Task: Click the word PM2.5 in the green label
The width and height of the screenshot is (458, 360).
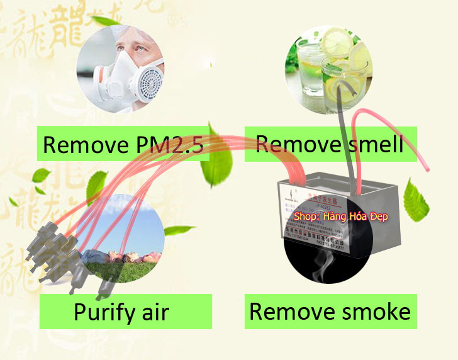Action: pyautogui.click(x=169, y=145)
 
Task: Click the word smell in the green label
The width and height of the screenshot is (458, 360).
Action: pyautogui.click(x=375, y=145)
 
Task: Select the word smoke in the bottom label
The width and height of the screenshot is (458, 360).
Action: pyautogui.click(x=375, y=311)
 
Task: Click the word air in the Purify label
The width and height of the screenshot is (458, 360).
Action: pyautogui.click(x=155, y=311)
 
